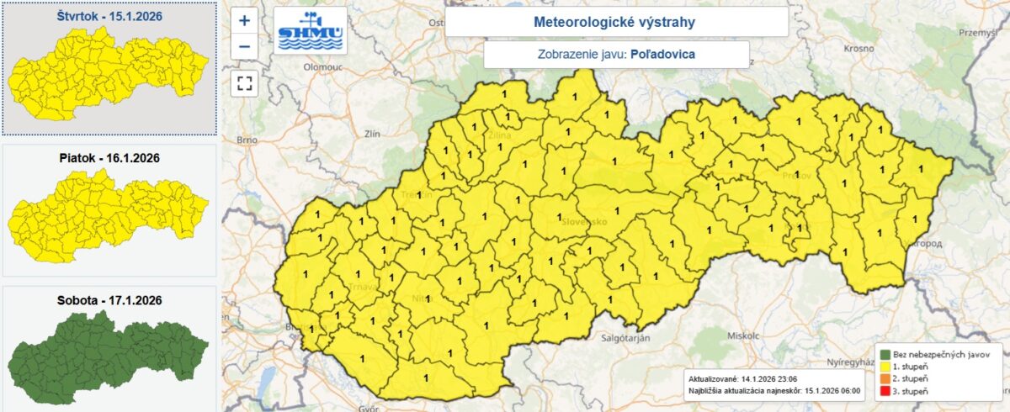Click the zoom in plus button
point(244,20)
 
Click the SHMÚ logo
point(311,32)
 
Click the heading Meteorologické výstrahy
point(616,22)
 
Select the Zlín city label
point(372,134)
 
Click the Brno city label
point(247,140)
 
